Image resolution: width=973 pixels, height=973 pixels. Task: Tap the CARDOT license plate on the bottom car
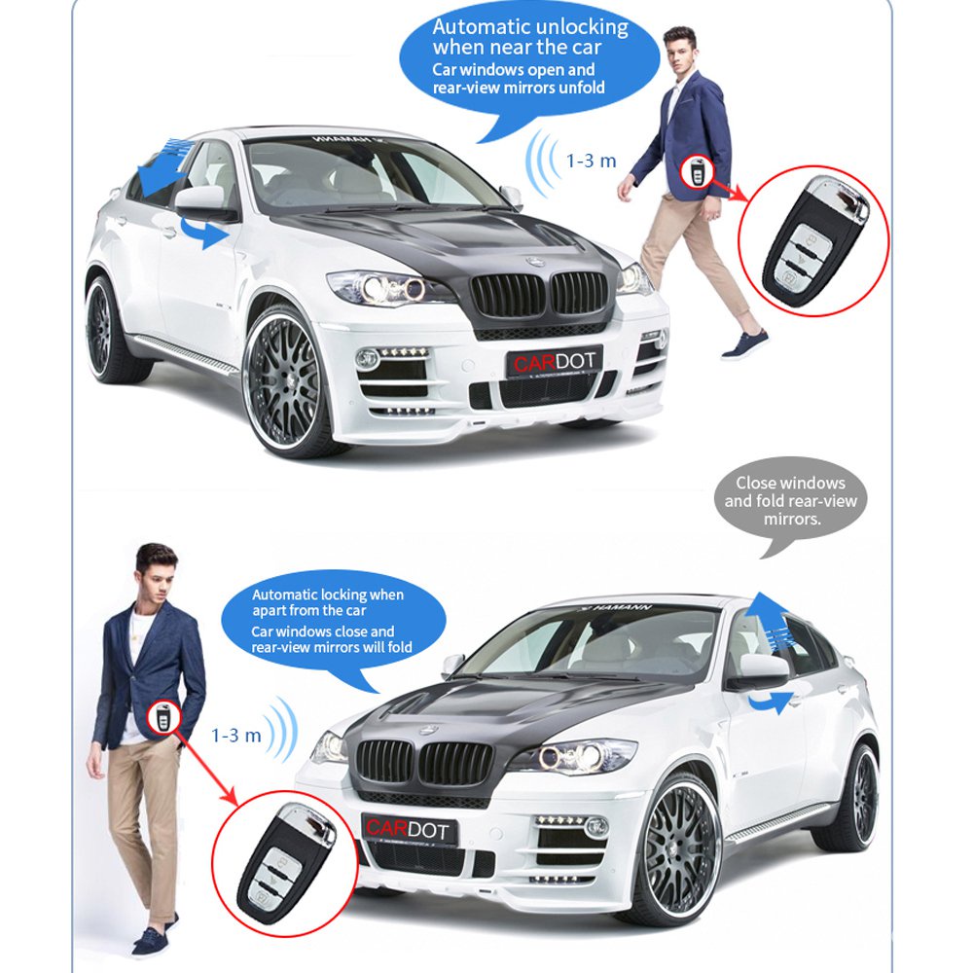(409, 830)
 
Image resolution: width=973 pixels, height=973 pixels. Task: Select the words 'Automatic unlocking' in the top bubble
(530, 27)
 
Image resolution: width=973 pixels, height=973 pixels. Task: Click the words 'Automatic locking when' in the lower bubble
(327, 595)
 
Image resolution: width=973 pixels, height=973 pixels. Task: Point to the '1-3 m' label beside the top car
(592, 161)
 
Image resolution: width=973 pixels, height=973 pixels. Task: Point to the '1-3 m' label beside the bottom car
(236, 735)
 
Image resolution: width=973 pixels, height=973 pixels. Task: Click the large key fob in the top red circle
(811, 238)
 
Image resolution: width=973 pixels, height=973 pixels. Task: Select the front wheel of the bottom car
(680, 847)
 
